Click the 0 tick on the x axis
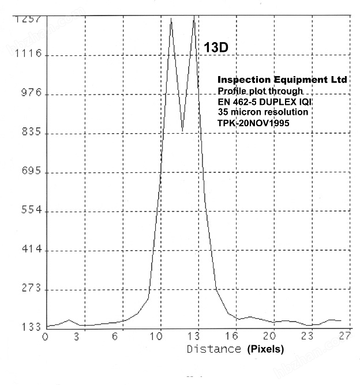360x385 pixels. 46,337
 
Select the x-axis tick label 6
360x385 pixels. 115,337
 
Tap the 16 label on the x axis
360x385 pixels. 232,337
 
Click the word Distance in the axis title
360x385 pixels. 213,349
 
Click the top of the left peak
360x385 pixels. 171,18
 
